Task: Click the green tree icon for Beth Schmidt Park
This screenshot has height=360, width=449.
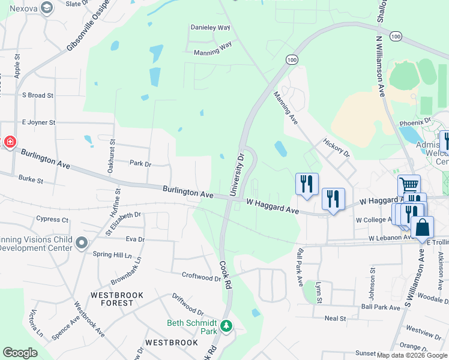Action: tap(226, 326)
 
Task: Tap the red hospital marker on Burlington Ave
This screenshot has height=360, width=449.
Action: tap(10, 142)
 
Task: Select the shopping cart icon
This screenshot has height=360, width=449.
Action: tap(409, 184)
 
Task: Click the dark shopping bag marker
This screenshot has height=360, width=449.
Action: tap(422, 227)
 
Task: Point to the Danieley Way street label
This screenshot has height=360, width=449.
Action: tap(210, 28)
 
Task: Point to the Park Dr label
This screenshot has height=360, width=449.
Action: tap(140, 163)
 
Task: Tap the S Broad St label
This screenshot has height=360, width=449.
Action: tap(37, 95)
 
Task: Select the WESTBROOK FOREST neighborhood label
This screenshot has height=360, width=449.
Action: tap(112, 299)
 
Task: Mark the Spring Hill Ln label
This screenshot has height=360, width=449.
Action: tap(112, 254)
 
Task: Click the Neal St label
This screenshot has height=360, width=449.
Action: tap(335, 319)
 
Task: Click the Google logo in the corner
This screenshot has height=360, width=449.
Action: tap(20, 352)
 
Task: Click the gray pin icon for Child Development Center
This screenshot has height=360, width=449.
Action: tap(82, 243)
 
